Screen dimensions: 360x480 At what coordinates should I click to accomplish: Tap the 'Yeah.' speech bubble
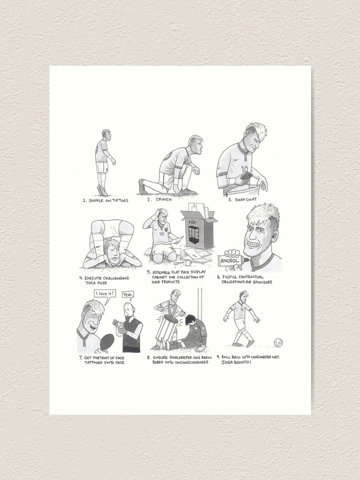pyautogui.click(x=128, y=295)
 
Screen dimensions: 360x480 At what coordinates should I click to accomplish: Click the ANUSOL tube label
pyautogui.click(x=229, y=261)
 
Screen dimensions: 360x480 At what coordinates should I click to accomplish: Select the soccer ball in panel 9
pyautogui.click(x=278, y=342)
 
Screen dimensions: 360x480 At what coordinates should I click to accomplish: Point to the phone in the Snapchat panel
pyautogui.click(x=246, y=175)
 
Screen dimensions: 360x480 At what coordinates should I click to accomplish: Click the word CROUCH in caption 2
pyautogui.click(x=164, y=200)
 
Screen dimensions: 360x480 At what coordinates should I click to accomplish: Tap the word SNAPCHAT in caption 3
pyautogui.click(x=246, y=200)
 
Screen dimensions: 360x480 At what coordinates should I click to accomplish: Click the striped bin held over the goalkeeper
pyautogui.click(x=167, y=327)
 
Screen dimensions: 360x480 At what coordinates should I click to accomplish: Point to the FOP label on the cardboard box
pyautogui.click(x=192, y=221)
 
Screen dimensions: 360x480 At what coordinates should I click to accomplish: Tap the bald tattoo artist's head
pyautogui.click(x=128, y=310)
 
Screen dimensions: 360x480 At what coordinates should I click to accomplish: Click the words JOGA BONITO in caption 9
pyautogui.click(x=236, y=362)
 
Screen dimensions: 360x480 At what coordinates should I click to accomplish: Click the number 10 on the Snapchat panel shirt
pyautogui.click(x=244, y=169)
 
